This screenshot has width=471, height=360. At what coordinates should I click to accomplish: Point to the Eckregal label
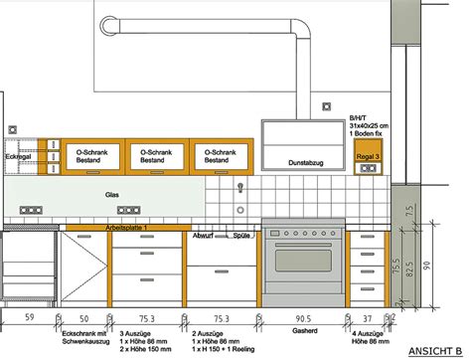pos(19,156)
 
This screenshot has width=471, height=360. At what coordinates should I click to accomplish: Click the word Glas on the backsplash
pos(112,196)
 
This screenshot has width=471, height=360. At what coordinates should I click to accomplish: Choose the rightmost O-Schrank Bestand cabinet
pos(220,154)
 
